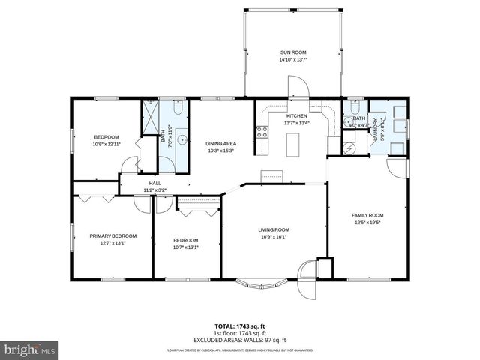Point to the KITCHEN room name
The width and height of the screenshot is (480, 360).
point(297,117)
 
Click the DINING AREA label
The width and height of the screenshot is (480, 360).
point(221,143)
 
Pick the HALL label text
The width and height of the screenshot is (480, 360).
point(155,183)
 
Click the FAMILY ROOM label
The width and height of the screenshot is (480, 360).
point(367,214)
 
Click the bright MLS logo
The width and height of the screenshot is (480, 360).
point(29,349)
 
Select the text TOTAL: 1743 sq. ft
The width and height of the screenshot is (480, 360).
point(239,325)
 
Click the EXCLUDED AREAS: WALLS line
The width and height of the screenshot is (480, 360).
point(239,338)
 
